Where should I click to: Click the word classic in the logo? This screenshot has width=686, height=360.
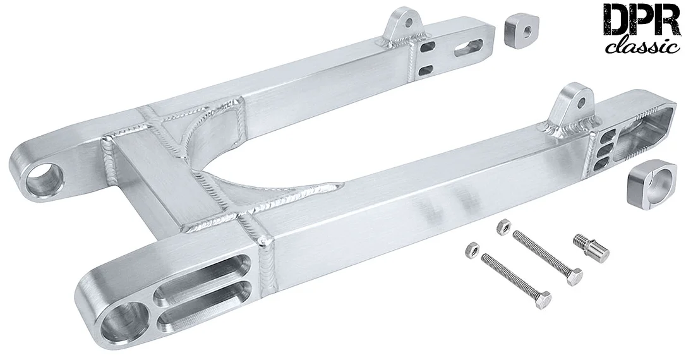click(x=643, y=45)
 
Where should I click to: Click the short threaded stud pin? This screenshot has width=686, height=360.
click(x=591, y=247)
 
